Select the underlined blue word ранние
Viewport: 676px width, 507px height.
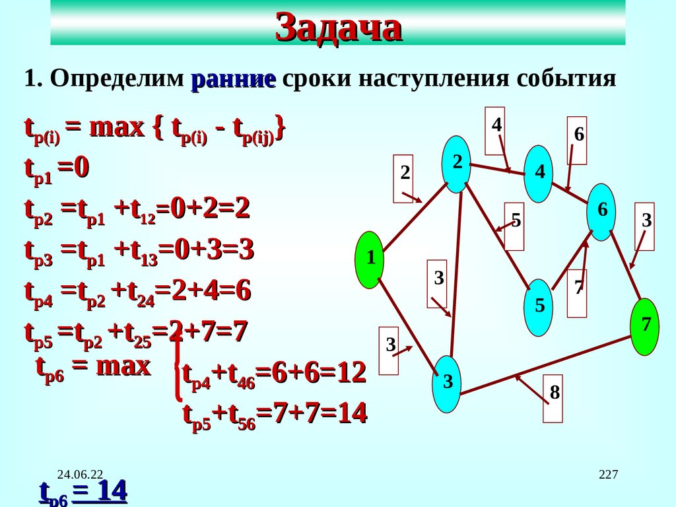click(233, 80)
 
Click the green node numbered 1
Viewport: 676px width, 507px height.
click(370, 259)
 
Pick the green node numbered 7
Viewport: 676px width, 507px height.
click(646, 326)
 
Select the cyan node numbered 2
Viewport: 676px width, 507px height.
click(456, 164)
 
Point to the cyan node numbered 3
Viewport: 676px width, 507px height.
click(447, 383)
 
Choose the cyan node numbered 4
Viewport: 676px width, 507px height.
click(539, 173)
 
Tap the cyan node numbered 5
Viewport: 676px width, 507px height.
click(539, 306)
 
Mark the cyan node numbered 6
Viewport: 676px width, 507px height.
click(601, 211)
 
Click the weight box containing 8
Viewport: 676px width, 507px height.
click(554, 398)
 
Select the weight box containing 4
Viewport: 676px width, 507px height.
click(496, 129)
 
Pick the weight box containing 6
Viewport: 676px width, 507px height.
click(578, 141)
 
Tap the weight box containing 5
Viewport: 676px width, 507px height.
click(516, 226)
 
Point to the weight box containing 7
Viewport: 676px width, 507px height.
click(578, 293)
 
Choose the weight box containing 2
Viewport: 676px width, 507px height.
click(404, 178)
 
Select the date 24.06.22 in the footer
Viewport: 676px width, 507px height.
click(81, 474)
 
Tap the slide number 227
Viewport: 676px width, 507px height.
click(608, 474)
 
